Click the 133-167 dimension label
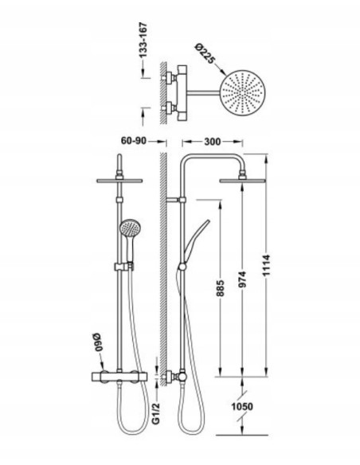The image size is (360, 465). pyautogui.click(x=143, y=40)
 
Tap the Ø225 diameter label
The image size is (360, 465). pyautogui.click(x=205, y=53)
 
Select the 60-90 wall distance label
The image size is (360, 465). pyautogui.click(x=134, y=141)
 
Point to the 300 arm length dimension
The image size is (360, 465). pyautogui.click(x=213, y=142)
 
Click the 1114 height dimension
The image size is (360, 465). pyautogui.click(x=266, y=265)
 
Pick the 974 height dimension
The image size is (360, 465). pyautogui.click(x=243, y=279)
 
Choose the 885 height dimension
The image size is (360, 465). pyautogui.click(x=221, y=288)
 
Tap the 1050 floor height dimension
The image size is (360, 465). pyautogui.click(x=242, y=406)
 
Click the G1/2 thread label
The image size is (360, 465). pyautogui.click(x=156, y=413)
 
